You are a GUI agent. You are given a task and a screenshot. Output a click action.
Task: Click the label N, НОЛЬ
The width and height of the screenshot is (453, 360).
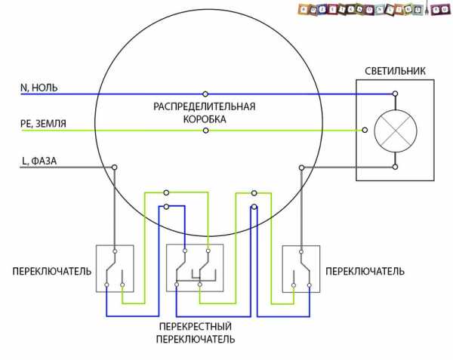39,88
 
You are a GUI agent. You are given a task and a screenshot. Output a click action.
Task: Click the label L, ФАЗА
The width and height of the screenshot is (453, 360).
41,160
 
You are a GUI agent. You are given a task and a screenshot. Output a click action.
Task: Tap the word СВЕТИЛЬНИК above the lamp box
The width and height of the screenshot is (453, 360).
395,71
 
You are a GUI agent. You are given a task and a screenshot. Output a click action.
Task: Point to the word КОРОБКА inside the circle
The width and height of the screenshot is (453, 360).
205,119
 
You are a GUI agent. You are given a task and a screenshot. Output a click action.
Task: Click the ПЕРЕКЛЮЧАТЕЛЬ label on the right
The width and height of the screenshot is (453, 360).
365,270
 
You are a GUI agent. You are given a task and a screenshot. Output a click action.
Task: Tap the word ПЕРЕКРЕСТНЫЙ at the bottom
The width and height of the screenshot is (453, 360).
196,326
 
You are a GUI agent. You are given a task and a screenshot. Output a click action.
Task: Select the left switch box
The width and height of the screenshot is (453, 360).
115,268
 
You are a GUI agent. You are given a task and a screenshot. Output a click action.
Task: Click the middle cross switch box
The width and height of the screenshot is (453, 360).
194,268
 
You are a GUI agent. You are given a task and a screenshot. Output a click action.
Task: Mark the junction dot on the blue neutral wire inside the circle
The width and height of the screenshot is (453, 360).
205,94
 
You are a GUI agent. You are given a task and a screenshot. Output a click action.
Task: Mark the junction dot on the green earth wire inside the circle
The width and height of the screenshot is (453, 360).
205,131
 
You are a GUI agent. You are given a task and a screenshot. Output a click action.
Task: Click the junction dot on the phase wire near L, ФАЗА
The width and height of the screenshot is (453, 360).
115,167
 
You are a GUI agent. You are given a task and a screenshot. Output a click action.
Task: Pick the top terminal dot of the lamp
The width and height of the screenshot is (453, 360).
394,94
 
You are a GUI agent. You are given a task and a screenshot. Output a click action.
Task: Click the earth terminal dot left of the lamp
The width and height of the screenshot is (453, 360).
365,130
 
